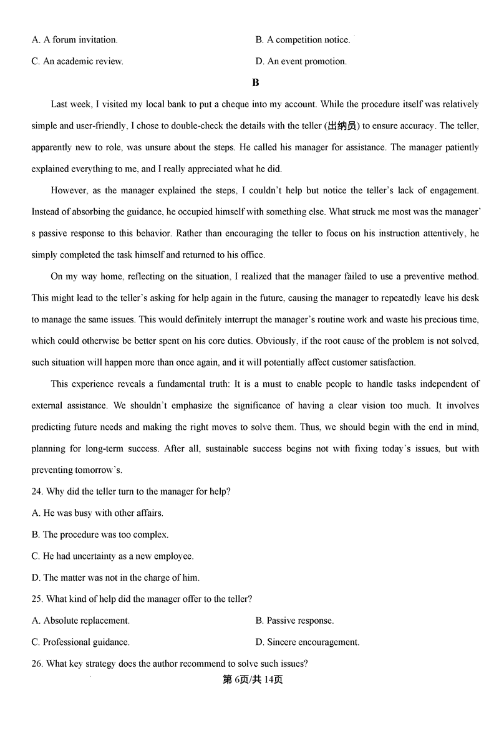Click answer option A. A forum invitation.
click(74, 40)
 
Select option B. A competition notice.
click(303, 40)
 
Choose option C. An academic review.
click(77, 61)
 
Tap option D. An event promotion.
click(301, 61)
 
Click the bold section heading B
click(255, 82)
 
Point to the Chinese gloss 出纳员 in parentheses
click(342, 126)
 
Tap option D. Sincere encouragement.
click(307, 642)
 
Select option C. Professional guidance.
click(80, 642)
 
